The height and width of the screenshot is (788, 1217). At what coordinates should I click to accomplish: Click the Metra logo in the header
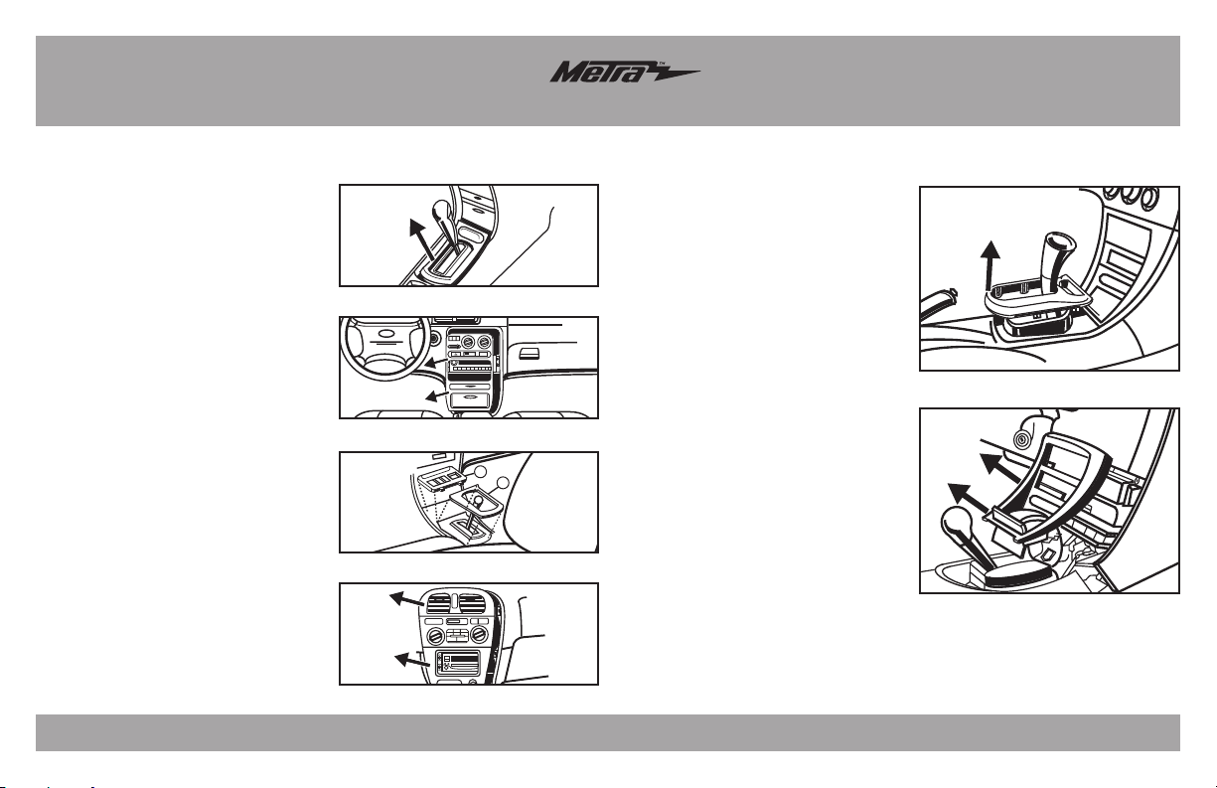point(625,72)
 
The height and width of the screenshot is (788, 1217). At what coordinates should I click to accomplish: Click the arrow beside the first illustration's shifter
point(422,239)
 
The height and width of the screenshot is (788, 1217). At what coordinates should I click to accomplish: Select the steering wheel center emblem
point(385,333)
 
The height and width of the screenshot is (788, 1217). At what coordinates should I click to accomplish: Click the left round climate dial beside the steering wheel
point(467,343)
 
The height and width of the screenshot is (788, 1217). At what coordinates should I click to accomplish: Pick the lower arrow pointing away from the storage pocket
point(437,395)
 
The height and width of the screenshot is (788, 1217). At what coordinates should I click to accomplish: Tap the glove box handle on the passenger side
point(530,354)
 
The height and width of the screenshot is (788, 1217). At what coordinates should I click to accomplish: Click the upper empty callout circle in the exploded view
point(480,471)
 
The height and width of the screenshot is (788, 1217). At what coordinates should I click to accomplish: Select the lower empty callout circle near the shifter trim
point(503,483)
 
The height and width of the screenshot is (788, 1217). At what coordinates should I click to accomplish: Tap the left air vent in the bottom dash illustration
point(439,603)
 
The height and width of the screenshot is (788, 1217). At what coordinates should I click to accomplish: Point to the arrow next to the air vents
point(407,599)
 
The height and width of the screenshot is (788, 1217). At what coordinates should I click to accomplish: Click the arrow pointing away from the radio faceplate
point(412,660)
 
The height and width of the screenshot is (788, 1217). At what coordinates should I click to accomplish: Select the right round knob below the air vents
point(479,634)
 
